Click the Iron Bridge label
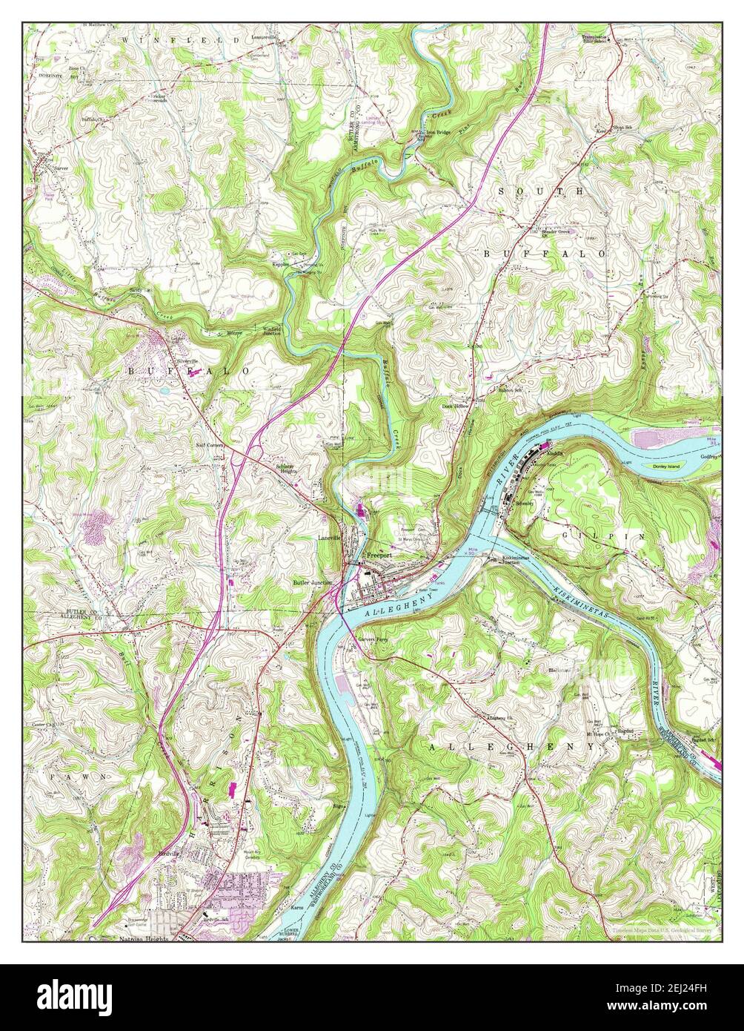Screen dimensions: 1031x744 coord(438,132)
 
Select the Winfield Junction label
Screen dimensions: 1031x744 coord(270,331)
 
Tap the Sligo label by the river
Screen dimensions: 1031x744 coord(339,803)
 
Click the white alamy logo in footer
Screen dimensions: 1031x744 coord(76,994)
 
